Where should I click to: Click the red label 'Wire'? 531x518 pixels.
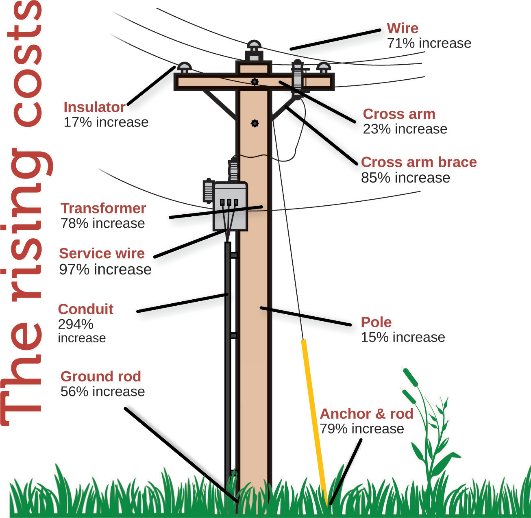[402, 28]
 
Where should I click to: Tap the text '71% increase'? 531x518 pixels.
[429, 43]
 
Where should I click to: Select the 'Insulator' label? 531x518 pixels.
[94, 107]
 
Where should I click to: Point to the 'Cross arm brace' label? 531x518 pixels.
[418, 162]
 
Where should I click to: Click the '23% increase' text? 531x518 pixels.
[405, 129]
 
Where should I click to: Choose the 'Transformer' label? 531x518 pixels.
[103, 208]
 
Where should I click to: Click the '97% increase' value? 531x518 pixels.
[105, 269]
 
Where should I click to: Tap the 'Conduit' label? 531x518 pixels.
[85, 309]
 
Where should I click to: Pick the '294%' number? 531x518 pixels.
[76, 324]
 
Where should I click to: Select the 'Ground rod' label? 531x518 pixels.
[100, 376]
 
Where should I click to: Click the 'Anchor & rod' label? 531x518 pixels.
[366, 414]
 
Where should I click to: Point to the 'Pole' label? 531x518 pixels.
[376, 322]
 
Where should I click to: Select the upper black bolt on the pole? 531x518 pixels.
[255, 82]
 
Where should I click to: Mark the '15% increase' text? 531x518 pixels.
[403, 337]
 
